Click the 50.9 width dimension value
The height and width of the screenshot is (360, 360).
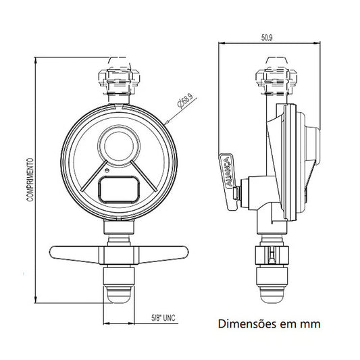tap(267, 38)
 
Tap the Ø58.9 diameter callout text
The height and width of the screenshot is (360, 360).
tap(185, 101)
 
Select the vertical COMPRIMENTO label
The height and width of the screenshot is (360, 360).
tap(30, 180)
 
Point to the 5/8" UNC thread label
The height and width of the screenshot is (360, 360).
tap(163, 317)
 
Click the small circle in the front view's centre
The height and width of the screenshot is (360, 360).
tap(119, 146)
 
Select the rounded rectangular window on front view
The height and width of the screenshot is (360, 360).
tap(119, 190)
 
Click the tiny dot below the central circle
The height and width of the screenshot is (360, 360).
tap(106, 170)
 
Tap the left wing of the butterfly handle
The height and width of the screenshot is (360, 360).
tap(75, 254)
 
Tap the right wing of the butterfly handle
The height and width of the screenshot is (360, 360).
tap(163, 254)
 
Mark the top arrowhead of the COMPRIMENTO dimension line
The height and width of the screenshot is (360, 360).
tap(35, 60)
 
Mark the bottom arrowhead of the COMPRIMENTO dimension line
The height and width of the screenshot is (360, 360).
tap(35, 299)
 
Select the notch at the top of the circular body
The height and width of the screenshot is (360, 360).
tap(118, 106)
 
